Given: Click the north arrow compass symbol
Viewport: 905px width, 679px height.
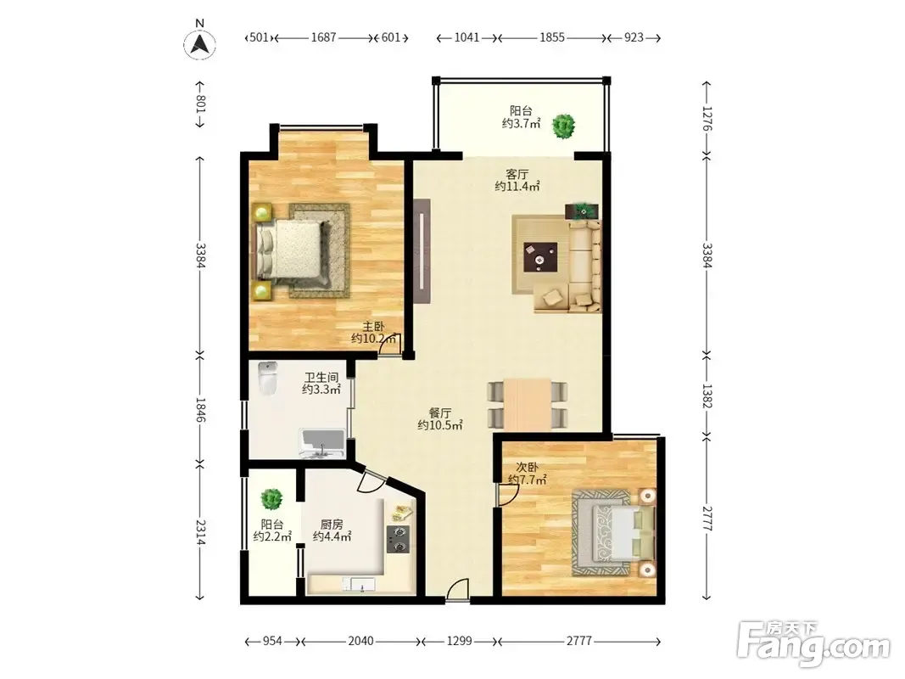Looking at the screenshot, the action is pyautogui.click(x=199, y=43).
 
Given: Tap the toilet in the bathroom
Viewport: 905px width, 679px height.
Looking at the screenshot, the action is pyautogui.click(x=267, y=378).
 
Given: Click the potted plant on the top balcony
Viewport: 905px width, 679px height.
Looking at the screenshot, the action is pyautogui.click(x=563, y=126).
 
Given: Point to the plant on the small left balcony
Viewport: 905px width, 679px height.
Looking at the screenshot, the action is pyautogui.click(x=271, y=498).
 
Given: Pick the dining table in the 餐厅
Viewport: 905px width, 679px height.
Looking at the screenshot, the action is pyautogui.click(x=527, y=404).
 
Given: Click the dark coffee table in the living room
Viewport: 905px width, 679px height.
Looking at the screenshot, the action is pyautogui.click(x=540, y=257).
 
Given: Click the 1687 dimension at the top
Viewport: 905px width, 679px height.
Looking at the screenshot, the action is pyautogui.click(x=323, y=37).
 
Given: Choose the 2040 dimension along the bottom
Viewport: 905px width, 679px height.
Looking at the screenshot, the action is pyautogui.click(x=360, y=641).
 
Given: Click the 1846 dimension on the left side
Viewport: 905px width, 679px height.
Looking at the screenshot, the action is pyautogui.click(x=200, y=409).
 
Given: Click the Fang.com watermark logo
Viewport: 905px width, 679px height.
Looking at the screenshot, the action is pyautogui.click(x=813, y=643).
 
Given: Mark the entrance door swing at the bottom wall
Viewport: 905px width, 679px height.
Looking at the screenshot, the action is pyautogui.click(x=457, y=590).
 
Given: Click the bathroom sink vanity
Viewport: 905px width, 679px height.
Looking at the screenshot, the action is pyautogui.click(x=322, y=444).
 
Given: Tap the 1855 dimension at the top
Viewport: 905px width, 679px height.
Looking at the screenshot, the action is pyautogui.click(x=552, y=37).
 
